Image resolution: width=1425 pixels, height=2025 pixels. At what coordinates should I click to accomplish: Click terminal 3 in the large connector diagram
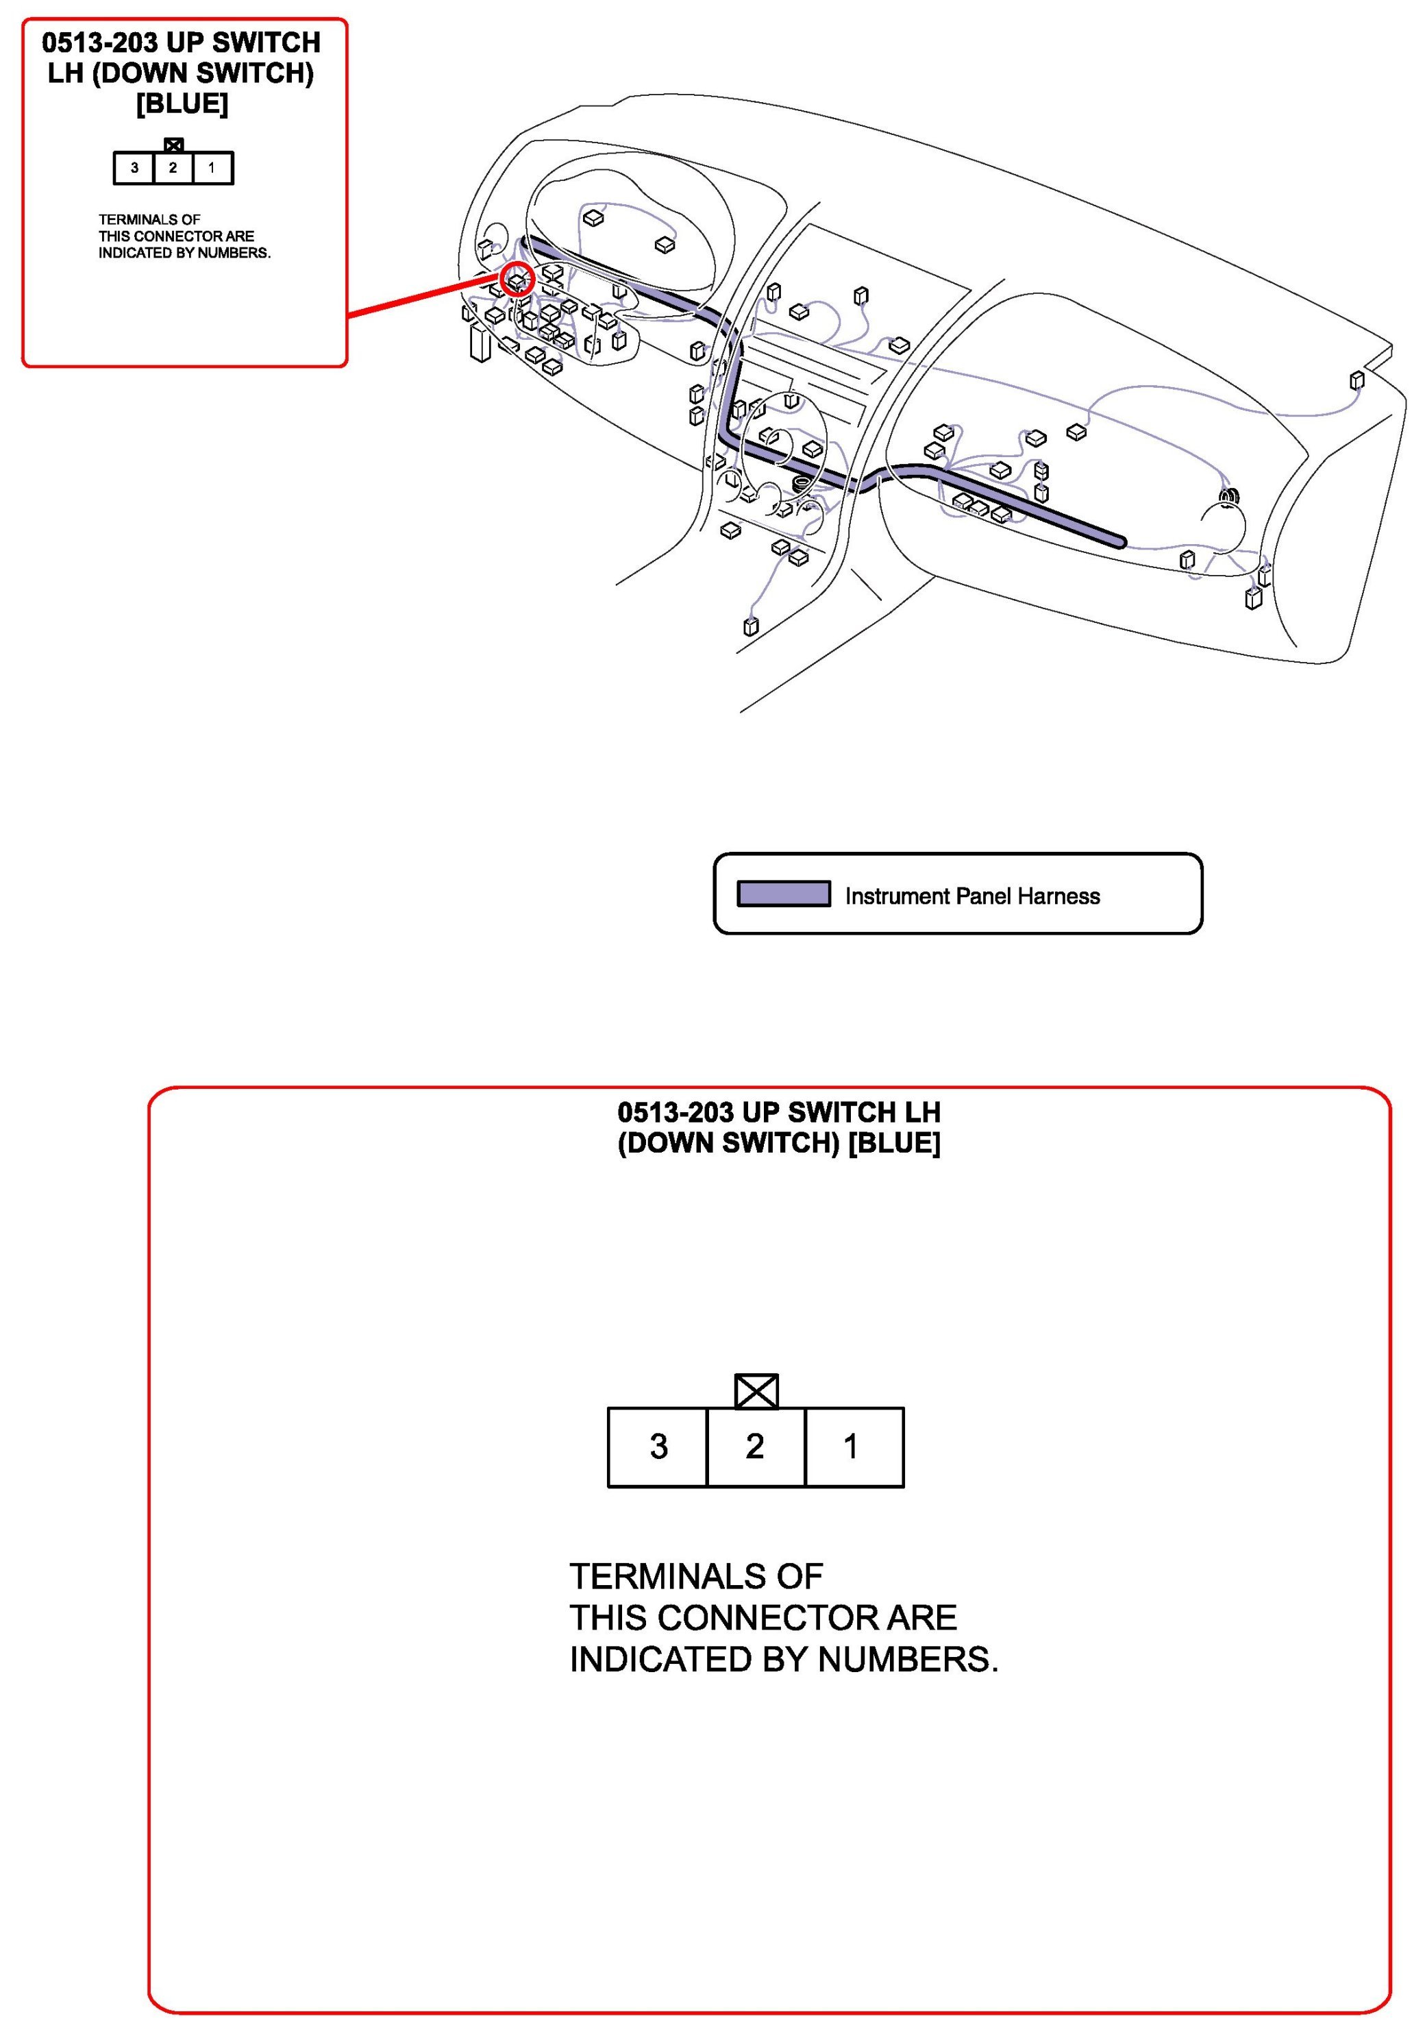(x=657, y=1447)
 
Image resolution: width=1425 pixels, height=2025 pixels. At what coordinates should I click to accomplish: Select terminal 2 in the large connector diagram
(x=755, y=1447)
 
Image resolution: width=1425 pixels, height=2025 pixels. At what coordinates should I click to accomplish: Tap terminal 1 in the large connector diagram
(x=853, y=1447)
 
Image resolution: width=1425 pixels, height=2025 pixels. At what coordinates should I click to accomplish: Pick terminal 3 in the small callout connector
(x=134, y=168)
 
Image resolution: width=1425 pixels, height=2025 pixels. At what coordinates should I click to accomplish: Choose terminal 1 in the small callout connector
(x=212, y=168)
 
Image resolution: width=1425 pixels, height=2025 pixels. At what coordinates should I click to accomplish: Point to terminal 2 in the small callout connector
(x=173, y=168)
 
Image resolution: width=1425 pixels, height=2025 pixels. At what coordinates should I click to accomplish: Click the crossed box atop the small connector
(x=174, y=145)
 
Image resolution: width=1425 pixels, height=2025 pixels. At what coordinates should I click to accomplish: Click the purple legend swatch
(x=783, y=894)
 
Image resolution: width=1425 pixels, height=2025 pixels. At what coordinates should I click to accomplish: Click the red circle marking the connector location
(x=518, y=280)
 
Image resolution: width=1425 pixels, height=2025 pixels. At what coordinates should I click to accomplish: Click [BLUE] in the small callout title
(x=182, y=104)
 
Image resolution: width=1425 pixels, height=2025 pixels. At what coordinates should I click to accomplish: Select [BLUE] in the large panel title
(x=894, y=1143)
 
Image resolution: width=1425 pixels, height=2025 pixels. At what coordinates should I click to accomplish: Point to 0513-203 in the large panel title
(x=675, y=1112)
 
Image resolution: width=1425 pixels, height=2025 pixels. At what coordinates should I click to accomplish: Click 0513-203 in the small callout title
(x=99, y=42)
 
